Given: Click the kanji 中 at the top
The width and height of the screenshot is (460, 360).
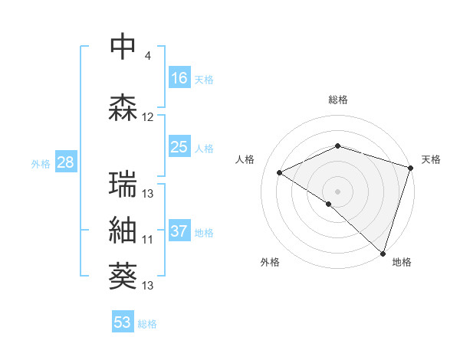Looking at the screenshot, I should click(123, 47).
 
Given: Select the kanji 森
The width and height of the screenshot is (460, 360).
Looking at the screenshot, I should click(123, 107).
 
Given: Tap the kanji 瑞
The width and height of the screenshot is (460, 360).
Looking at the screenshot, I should click(123, 184).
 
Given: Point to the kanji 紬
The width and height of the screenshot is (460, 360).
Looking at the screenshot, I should click(123, 230).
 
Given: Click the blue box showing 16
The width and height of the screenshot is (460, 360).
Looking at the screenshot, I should click(179, 77).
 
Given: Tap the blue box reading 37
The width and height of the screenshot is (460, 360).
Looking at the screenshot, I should click(179, 231).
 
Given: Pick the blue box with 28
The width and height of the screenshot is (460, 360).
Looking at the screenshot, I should click(65, 162).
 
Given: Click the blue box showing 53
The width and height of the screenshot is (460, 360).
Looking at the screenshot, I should click(123, 322).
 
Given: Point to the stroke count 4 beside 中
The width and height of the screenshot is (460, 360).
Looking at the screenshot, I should click(148, 56).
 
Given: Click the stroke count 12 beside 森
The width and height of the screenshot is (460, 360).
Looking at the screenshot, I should click(148, 117).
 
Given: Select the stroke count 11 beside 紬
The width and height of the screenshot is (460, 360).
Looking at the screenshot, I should click(148, 240).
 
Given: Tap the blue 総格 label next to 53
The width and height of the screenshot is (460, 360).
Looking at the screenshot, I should click(147, 324).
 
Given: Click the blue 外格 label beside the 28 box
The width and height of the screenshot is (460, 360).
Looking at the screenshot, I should click(41, 163).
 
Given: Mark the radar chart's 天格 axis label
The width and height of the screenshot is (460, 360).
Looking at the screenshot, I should click(431, 159).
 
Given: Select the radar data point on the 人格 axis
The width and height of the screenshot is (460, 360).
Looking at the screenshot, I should click(280, 173).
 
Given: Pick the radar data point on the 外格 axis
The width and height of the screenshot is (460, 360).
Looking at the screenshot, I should click(329, 204).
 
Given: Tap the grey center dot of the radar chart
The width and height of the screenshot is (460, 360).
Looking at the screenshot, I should click(337, 191).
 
